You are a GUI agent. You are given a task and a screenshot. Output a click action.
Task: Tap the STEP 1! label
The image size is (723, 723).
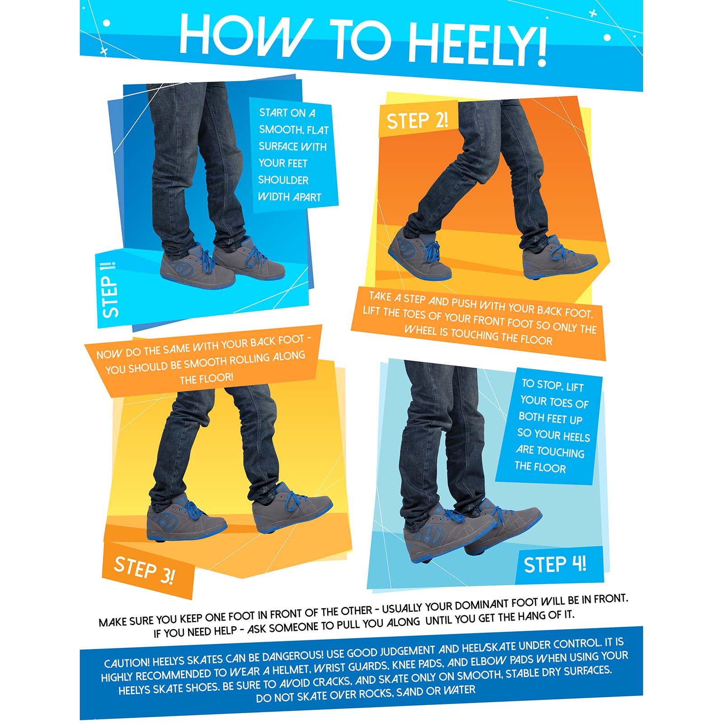[110, 290]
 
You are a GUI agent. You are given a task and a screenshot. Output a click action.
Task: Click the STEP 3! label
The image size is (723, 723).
[144, 570]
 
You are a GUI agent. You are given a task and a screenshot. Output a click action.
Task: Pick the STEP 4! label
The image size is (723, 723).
[554, 564]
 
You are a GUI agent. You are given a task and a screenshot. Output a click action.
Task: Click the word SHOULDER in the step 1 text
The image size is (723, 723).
[283, 180]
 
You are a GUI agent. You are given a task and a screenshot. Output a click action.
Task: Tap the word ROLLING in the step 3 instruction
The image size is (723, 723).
[243, 360]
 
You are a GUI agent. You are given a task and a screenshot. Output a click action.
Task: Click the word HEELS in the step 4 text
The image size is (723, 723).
[576, 437]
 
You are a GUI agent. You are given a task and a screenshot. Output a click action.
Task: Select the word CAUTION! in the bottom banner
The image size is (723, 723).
[127, 663]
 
